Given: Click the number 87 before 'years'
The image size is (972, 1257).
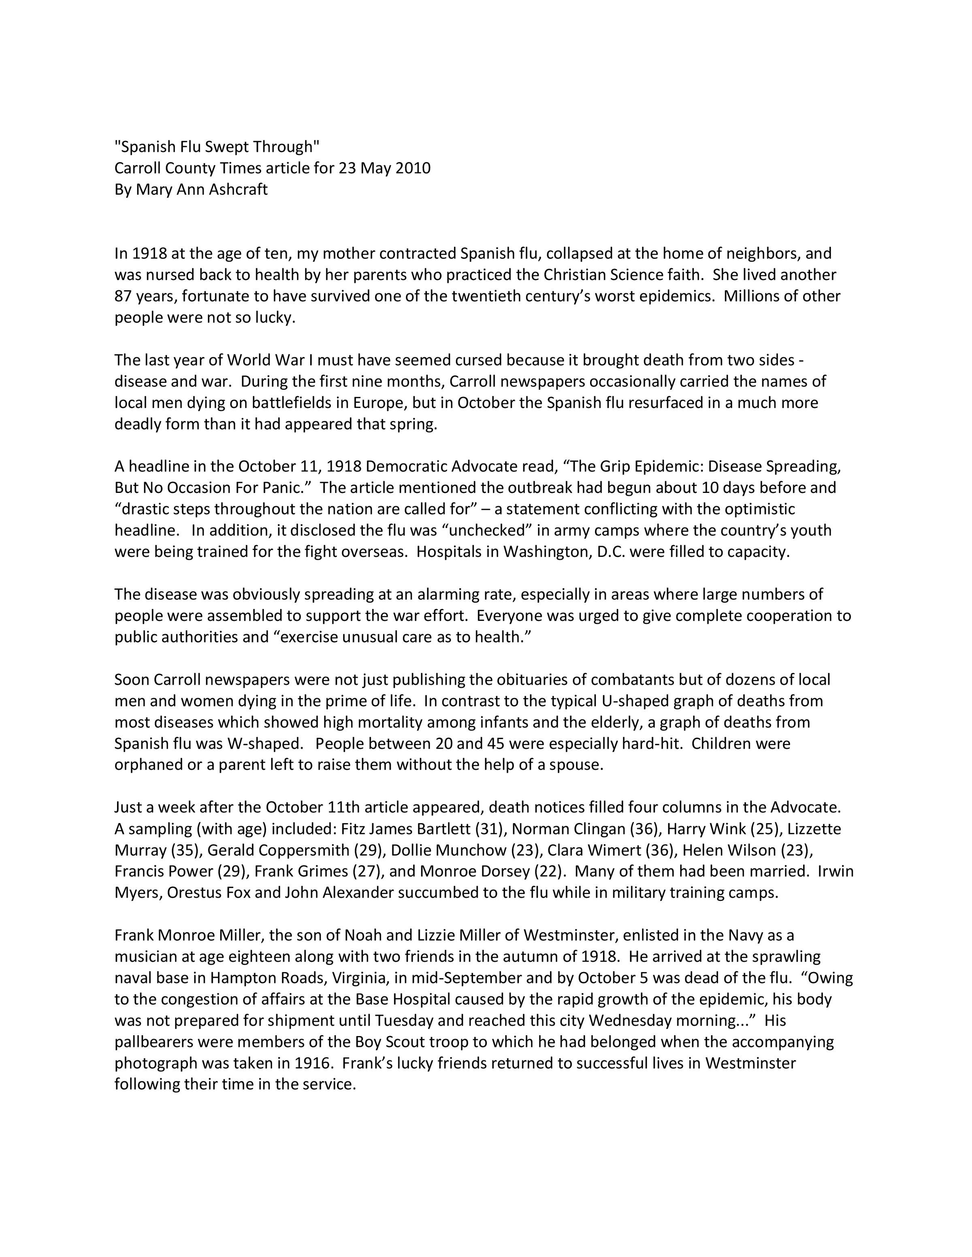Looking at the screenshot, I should click(123, 296).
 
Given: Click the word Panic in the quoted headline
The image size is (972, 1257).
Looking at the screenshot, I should click(283, 488).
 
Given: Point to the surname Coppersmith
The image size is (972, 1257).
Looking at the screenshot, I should click(278, 850).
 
